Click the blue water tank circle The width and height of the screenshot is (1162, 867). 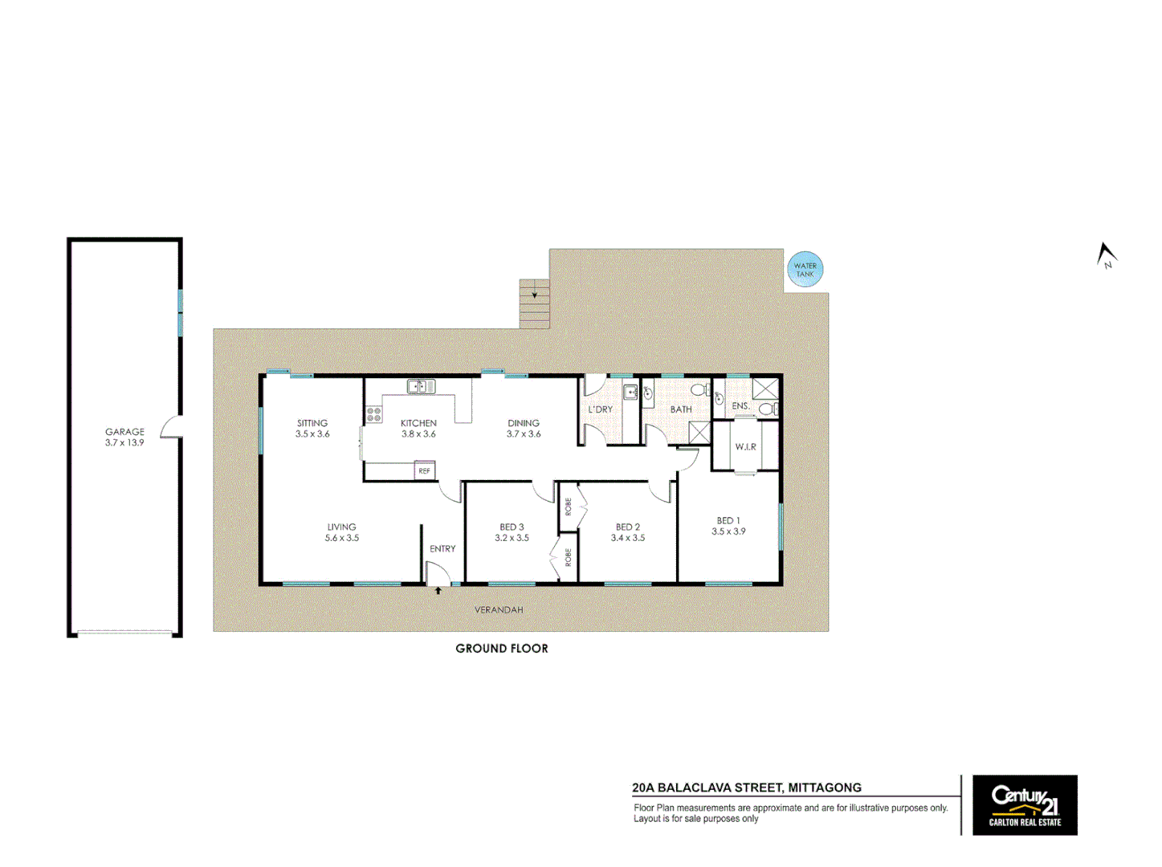[x=805, y=270]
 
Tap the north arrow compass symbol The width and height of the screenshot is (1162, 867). [x=1107, y=255]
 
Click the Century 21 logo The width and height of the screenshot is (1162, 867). [x=1025, y=804]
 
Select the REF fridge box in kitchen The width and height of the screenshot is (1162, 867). [x=424, y=471]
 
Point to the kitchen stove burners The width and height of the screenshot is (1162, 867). [x=374, y=414]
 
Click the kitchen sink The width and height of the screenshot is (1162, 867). [x=421, y=387]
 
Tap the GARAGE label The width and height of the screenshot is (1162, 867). [x=124, y=432]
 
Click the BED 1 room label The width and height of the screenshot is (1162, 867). [x=728, y=521]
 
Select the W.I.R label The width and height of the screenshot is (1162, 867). [x=745, y=447]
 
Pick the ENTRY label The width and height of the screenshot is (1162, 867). [x=442, y=549]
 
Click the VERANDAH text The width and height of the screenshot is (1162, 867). [x=499, y=610]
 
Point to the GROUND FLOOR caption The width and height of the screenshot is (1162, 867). [x=502, y=649]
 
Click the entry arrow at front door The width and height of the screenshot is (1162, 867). [x=438, y=592]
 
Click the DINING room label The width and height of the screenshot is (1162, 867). [x=524, y=423]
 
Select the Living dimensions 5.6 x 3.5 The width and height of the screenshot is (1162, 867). [x=342, y=539]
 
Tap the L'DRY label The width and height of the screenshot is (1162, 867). [x=601, y=409]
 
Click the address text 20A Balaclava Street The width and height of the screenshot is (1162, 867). [x=747, y=788]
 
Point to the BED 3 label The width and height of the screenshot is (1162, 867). [x=512, y=527]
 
